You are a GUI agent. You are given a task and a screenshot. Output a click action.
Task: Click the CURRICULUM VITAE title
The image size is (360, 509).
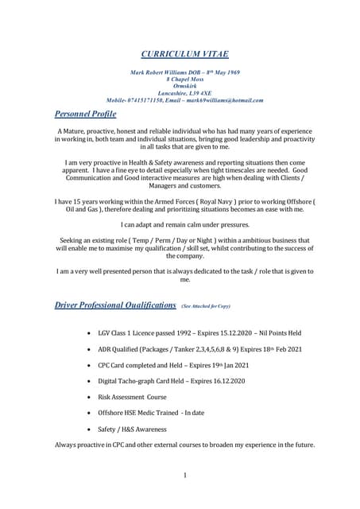(184, 53)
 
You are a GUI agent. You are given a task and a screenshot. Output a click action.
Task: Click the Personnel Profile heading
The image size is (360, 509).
(85, 115)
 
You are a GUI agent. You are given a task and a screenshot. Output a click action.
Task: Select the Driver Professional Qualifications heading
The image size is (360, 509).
(115, 305)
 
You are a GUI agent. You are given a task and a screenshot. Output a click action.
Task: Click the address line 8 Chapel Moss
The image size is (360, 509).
(184, 80)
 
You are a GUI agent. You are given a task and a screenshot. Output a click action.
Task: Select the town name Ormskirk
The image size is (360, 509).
(184, 87)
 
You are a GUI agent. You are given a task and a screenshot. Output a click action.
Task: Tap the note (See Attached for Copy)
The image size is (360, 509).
(207, 305)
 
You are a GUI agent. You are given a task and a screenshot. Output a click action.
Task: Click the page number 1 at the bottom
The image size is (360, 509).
(184, 475)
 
